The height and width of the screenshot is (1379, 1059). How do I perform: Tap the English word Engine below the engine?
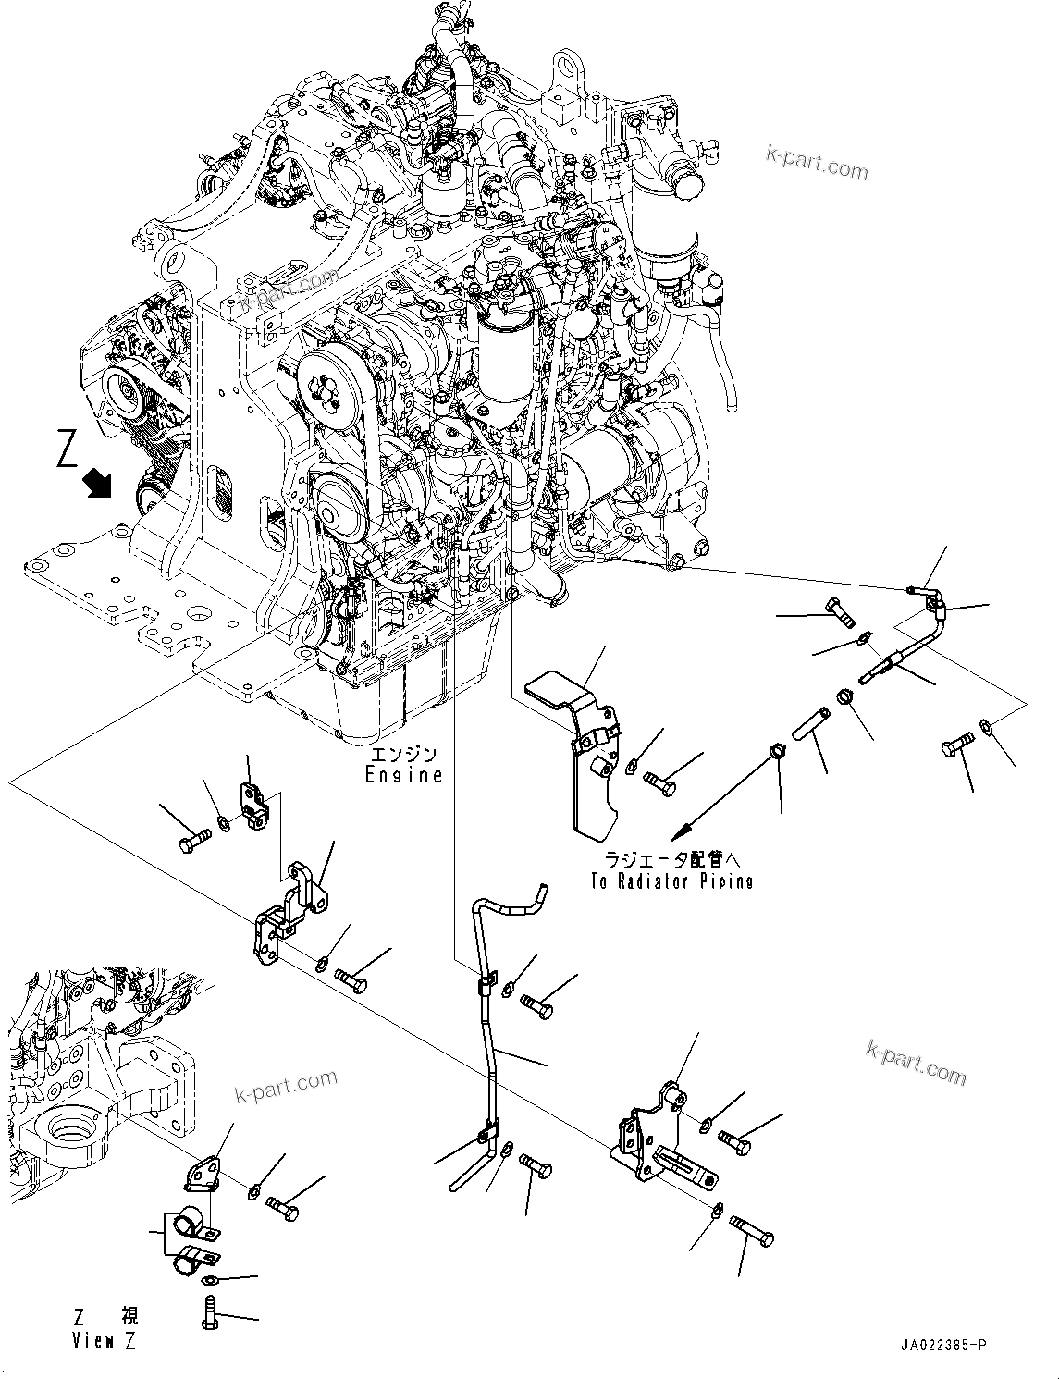(403, 775)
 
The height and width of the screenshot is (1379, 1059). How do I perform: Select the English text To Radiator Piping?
(671, 881)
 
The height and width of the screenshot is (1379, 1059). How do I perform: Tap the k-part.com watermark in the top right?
(817, 166)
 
